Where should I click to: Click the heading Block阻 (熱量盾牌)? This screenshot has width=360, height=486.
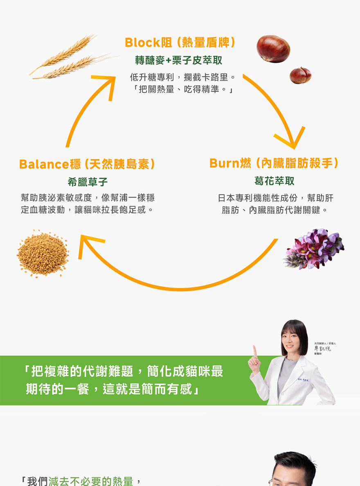click(180, 42)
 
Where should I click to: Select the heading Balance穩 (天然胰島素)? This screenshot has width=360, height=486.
click(87, 164)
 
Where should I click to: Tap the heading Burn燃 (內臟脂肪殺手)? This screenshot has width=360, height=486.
click(274, 164)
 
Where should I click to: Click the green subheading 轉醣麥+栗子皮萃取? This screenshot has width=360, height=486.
click(179, 61)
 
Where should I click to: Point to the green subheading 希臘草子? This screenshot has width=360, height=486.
click(88, 182)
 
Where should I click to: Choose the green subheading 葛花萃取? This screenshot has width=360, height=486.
click(274, 181)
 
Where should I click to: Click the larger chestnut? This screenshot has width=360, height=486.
click(273, 49)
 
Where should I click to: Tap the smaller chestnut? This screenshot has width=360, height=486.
click(300, 75)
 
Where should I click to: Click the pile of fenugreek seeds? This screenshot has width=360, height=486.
click(43, 254)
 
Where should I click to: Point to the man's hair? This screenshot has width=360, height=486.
click(295, 460)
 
